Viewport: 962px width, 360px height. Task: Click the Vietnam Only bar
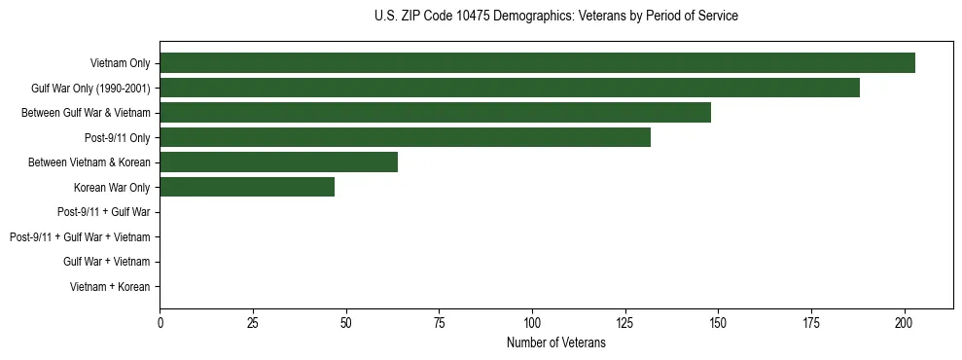(x=537, y=63)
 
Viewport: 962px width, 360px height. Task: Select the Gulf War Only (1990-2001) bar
(x=510, y=88)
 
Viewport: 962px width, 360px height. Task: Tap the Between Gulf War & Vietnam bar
(x=435, y=113)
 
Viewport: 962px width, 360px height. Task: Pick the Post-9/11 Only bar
(x=405, y=137)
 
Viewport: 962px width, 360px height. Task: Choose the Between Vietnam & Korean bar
(x=278, y=162)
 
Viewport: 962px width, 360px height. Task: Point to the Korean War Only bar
(x=247, y=187)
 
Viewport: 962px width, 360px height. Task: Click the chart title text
(x=555, y=17)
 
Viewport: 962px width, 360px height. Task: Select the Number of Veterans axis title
(x=555, y=342)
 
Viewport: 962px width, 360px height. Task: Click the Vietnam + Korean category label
(x=110, y=286)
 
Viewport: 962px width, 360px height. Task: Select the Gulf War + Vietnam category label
(x=106, y=262)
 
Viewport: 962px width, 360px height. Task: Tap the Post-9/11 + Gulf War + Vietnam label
(x=80, y=236)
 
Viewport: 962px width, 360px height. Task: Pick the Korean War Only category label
(x=111, y=187)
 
